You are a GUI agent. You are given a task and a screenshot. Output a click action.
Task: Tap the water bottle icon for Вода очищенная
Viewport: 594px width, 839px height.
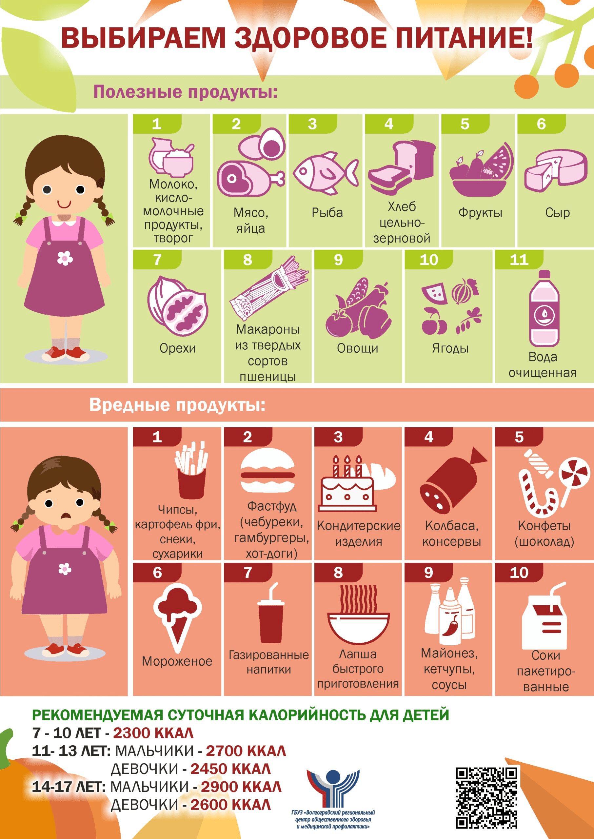[544, 308]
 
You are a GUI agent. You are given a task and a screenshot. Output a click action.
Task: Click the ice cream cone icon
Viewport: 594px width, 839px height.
[177, 617]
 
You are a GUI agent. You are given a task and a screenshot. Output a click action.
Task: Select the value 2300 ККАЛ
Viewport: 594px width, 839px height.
[153, 732]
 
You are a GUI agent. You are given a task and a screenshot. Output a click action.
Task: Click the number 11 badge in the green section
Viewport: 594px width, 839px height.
[519, 260]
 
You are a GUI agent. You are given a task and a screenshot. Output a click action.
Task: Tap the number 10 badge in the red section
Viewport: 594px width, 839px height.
[519, 573]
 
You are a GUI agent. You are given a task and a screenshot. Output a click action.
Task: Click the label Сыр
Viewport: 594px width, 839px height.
[557, 213]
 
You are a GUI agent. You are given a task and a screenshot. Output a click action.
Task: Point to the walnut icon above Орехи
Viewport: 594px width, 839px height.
[177, 306]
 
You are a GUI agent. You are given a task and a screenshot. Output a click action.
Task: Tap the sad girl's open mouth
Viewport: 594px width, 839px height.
[66, 516]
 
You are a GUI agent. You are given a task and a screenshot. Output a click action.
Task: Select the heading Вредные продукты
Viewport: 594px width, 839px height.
[177, 405]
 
